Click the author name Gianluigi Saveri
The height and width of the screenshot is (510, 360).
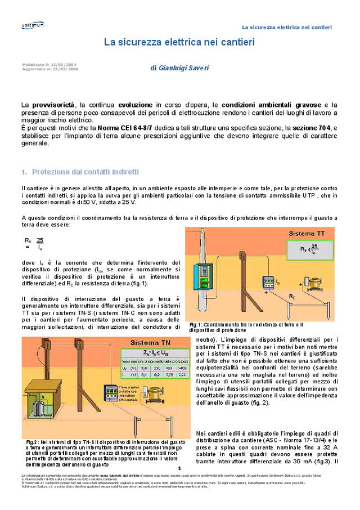pos(179,68)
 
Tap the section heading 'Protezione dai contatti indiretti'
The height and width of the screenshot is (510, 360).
pos(85,172)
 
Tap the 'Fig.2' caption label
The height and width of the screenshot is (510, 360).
pos(32,442)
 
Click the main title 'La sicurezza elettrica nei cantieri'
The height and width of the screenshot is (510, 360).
pos(179,42)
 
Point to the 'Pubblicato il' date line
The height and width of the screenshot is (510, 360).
pos(49,64)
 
